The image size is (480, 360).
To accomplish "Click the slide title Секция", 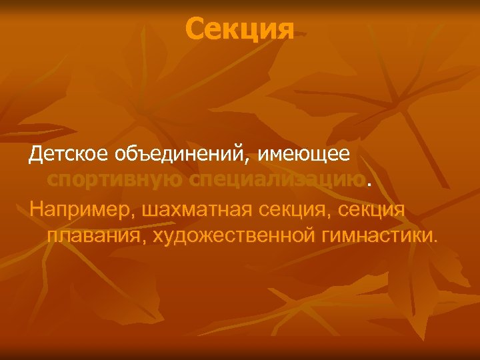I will (x=239, y=29).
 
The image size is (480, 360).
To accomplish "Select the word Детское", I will (x=62, y=155).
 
